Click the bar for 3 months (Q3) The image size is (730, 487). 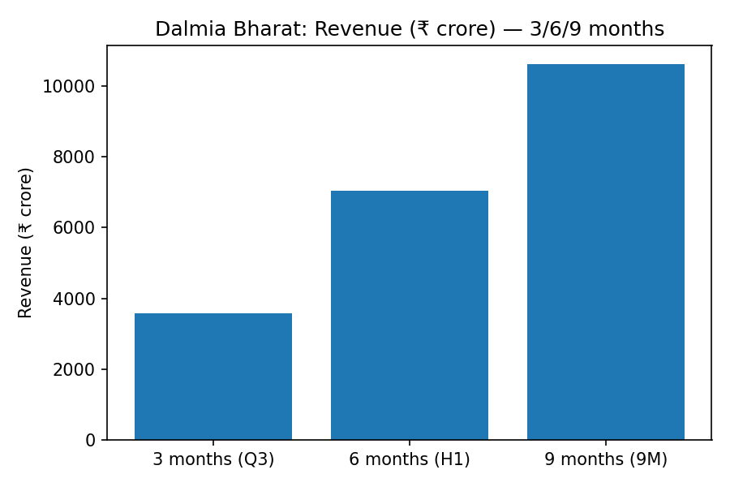[213, 377]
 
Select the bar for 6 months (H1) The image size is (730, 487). [410, 315]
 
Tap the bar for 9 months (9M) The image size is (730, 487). [606, 252]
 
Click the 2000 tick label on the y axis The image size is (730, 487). [74, 370]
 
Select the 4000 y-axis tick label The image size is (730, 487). [74, 300]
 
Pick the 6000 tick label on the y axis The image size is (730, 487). [74, 228]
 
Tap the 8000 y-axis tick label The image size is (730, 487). [74, 157]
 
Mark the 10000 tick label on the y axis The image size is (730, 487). [70, 87]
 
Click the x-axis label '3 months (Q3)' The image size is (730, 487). [213, 459]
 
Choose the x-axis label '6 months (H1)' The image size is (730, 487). [410, 459]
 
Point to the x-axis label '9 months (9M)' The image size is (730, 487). [606, 459]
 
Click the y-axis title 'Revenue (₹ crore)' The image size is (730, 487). [26, 243]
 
